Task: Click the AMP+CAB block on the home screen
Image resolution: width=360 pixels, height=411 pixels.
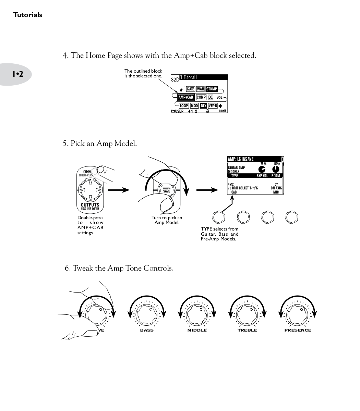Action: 186,97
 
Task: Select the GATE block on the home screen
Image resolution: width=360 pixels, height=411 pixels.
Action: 190,89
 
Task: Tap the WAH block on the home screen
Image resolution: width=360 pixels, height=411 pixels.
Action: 200,89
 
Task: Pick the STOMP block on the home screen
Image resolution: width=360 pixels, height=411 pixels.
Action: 211,89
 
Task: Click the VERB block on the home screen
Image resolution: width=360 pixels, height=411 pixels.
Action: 213,106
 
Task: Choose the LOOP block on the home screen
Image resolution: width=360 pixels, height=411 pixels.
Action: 184,106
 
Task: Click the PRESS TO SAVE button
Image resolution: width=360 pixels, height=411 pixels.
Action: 167,190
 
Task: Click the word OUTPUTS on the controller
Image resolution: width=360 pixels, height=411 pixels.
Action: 90,205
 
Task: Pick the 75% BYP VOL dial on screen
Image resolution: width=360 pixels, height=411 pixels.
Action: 262,170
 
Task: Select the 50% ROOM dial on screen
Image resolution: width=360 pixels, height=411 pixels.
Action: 276,170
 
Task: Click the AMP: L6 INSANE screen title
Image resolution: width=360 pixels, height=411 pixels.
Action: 241,159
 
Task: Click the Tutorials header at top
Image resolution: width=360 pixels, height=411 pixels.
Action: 28,15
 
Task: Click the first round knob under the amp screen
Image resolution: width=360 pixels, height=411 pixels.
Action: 219,217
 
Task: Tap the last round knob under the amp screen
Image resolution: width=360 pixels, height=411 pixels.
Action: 292,217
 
